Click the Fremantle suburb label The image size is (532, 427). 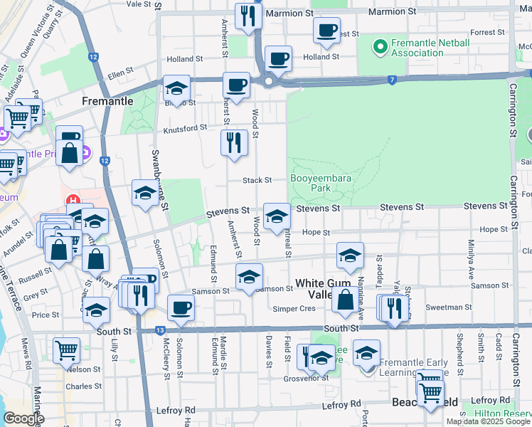pyautogui.click(x=107, y=101)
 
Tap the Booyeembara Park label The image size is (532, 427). pyautogui.click(x=310, y=183)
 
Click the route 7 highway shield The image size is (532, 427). pyautogui.click(x=392, y=80)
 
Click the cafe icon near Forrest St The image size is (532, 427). pyautogui.click(x=326, y=30)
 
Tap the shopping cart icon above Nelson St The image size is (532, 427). pyautogui.click(x=66, y=349)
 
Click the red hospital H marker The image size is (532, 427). pyautogui.click(x=71, y=201)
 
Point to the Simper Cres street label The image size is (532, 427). pyautogui.click(x=294, y=308)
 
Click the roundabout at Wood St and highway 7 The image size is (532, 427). pyautogui.click(x=268, y=81)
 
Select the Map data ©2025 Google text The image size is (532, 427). pyautogui.click(x=488, y=421)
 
